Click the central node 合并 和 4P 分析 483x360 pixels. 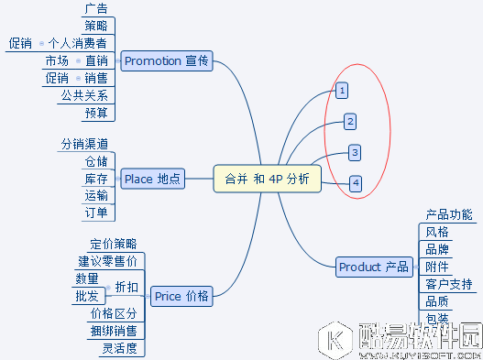coord(267,179)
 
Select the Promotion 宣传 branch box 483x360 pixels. coord(167,61)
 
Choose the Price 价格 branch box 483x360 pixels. coord(181,296)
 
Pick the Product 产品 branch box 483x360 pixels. coord(373,267)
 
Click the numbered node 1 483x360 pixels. coord(342,91)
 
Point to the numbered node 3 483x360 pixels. coord(355,152)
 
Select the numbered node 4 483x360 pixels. coord(356,183)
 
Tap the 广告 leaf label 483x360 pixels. coord(95,9)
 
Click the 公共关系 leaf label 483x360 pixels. coord(84,95)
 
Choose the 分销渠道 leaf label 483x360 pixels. coord(84,144)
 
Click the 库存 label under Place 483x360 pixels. coord(96,179)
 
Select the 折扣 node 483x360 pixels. coord(127,287)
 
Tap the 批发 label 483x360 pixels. coord(87,296)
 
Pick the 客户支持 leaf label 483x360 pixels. coord(449,284)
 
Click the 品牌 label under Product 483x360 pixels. coord(437,249)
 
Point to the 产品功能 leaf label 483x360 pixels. coord(449,214)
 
